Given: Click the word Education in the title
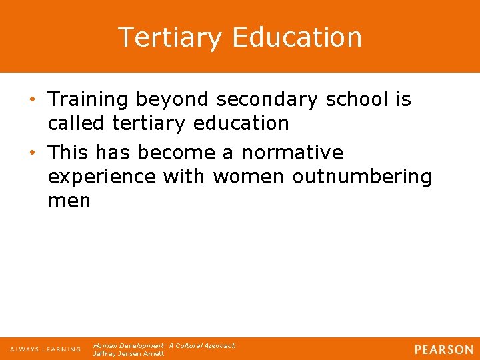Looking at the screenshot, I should [297, 37].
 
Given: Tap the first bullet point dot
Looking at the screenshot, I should [34, 100].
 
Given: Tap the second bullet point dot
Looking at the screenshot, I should [34, 153].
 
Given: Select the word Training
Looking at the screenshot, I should [88, 100].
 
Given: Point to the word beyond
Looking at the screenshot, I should [173, 100].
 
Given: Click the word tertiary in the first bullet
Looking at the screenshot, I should [145, 124].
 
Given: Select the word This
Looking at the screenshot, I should [68, 153].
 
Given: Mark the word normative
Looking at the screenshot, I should [293, 153].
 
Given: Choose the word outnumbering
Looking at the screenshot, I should [362, 177].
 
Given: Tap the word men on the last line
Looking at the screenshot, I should [69, 201].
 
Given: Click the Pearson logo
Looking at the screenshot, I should [443, 349].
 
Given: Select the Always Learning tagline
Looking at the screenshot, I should [45, 349].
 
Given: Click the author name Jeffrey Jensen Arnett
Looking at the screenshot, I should [129, 354].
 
